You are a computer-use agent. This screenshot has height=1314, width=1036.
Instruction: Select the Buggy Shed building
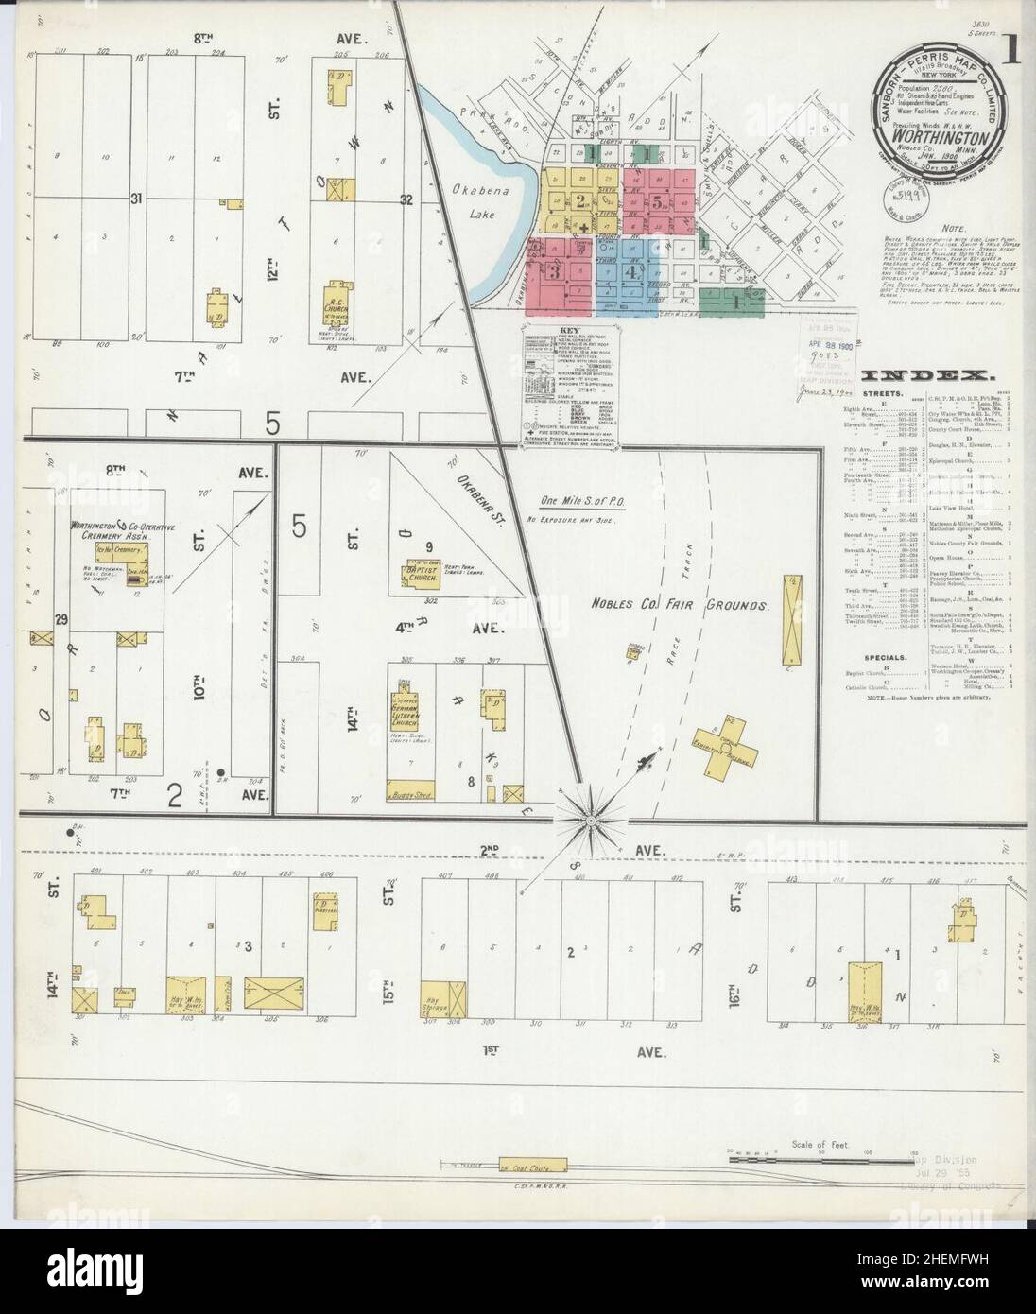point(410,794)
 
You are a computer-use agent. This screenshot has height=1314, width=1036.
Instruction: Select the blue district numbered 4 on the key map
point(631,269)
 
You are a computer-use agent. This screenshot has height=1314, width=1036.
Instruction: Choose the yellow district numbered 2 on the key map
point(579,200)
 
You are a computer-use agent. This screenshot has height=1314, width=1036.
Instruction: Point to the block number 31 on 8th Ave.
point(138,199)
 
